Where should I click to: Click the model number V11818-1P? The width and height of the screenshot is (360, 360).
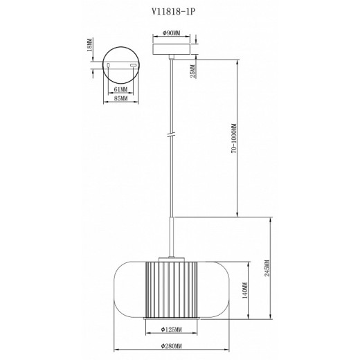tap(180, 11)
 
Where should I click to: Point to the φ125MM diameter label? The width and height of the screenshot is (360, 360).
tap(170, 330)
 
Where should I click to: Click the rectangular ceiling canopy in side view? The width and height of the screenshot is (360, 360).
tap(170, 47)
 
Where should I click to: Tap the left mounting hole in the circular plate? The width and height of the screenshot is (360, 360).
tap(109, 64)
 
